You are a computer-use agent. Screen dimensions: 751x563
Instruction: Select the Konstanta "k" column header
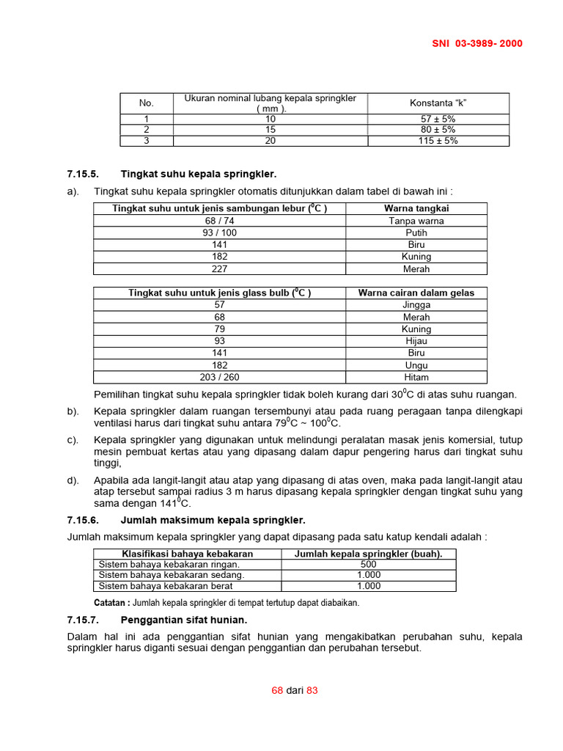point(438,103)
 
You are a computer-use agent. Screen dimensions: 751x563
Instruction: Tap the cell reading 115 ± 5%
point(438,141)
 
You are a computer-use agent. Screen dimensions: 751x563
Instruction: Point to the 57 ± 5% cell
point(438,119)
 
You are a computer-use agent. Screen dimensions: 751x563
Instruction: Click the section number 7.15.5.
point(82,174)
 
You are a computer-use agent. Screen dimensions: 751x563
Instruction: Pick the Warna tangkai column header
point(416,208)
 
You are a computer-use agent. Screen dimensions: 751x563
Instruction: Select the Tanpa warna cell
point(416,221)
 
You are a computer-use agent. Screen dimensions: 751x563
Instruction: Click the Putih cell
point(416,232)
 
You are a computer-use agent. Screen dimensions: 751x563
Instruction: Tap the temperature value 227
point(219,269)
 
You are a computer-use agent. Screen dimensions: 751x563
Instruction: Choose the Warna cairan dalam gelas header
point(416,293)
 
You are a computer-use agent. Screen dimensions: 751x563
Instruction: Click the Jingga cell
point(416,305)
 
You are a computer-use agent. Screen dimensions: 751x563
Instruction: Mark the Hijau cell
point(416,341)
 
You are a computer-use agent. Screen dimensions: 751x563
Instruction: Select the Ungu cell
point(416,365)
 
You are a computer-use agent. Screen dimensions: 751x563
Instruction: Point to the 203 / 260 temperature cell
point(219,377)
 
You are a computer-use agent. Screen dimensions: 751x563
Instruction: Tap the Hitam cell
point(416,377)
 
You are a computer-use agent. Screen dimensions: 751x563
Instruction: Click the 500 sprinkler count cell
point(368,565)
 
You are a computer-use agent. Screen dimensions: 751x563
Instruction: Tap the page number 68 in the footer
point(277,691)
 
